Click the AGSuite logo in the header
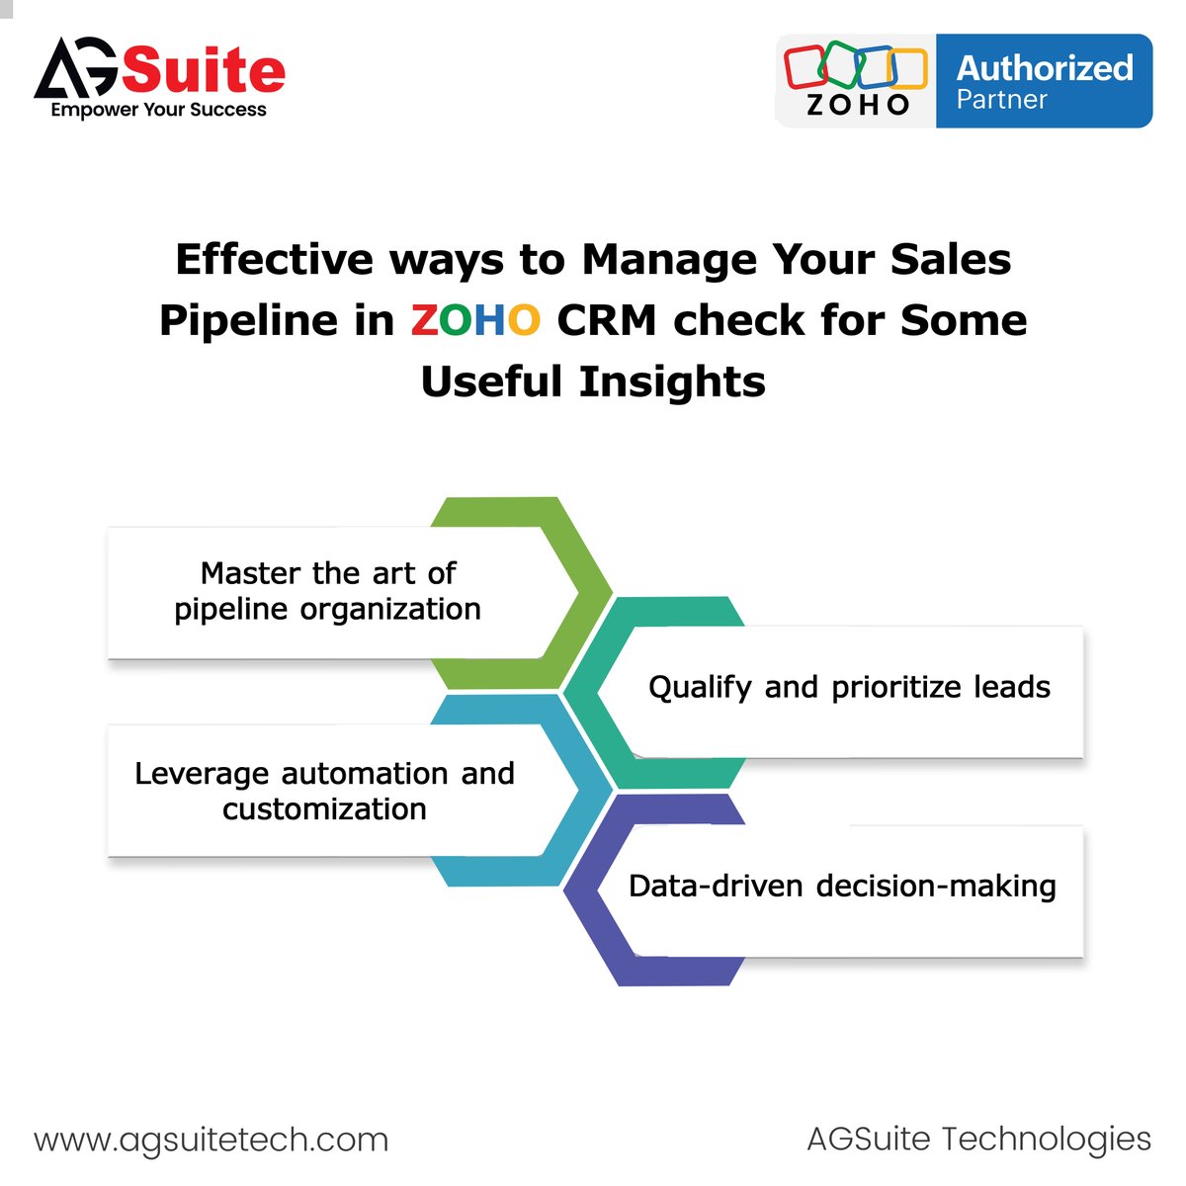pyautogui.click(x=159, y=70)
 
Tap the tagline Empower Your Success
pyautogui.click(x=158, y=110)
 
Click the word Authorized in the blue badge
pyautogui.click(x=1045, y=68)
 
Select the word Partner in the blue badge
pyautogui.click(x=1001, y=100)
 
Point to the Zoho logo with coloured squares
pyautogui.click(x=856, y=79)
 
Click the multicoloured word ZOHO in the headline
pyautogui.click(x=475, y=320)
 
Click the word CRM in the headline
pyautogui.click(x=606, y=320)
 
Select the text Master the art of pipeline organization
pyautogui.click(x=328, y=591)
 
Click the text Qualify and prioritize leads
pyautogui.click(x=849, y=687)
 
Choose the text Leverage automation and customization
pyautogui.click(x=324, y=791)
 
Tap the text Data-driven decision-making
pyautogui.click(x=842, y=886)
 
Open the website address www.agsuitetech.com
pyautogui.click(x=212, y=1140)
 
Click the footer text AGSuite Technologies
pyautogui.click(x=978, y=1139)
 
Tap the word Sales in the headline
pyautogui.click(x=951, y=260)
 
